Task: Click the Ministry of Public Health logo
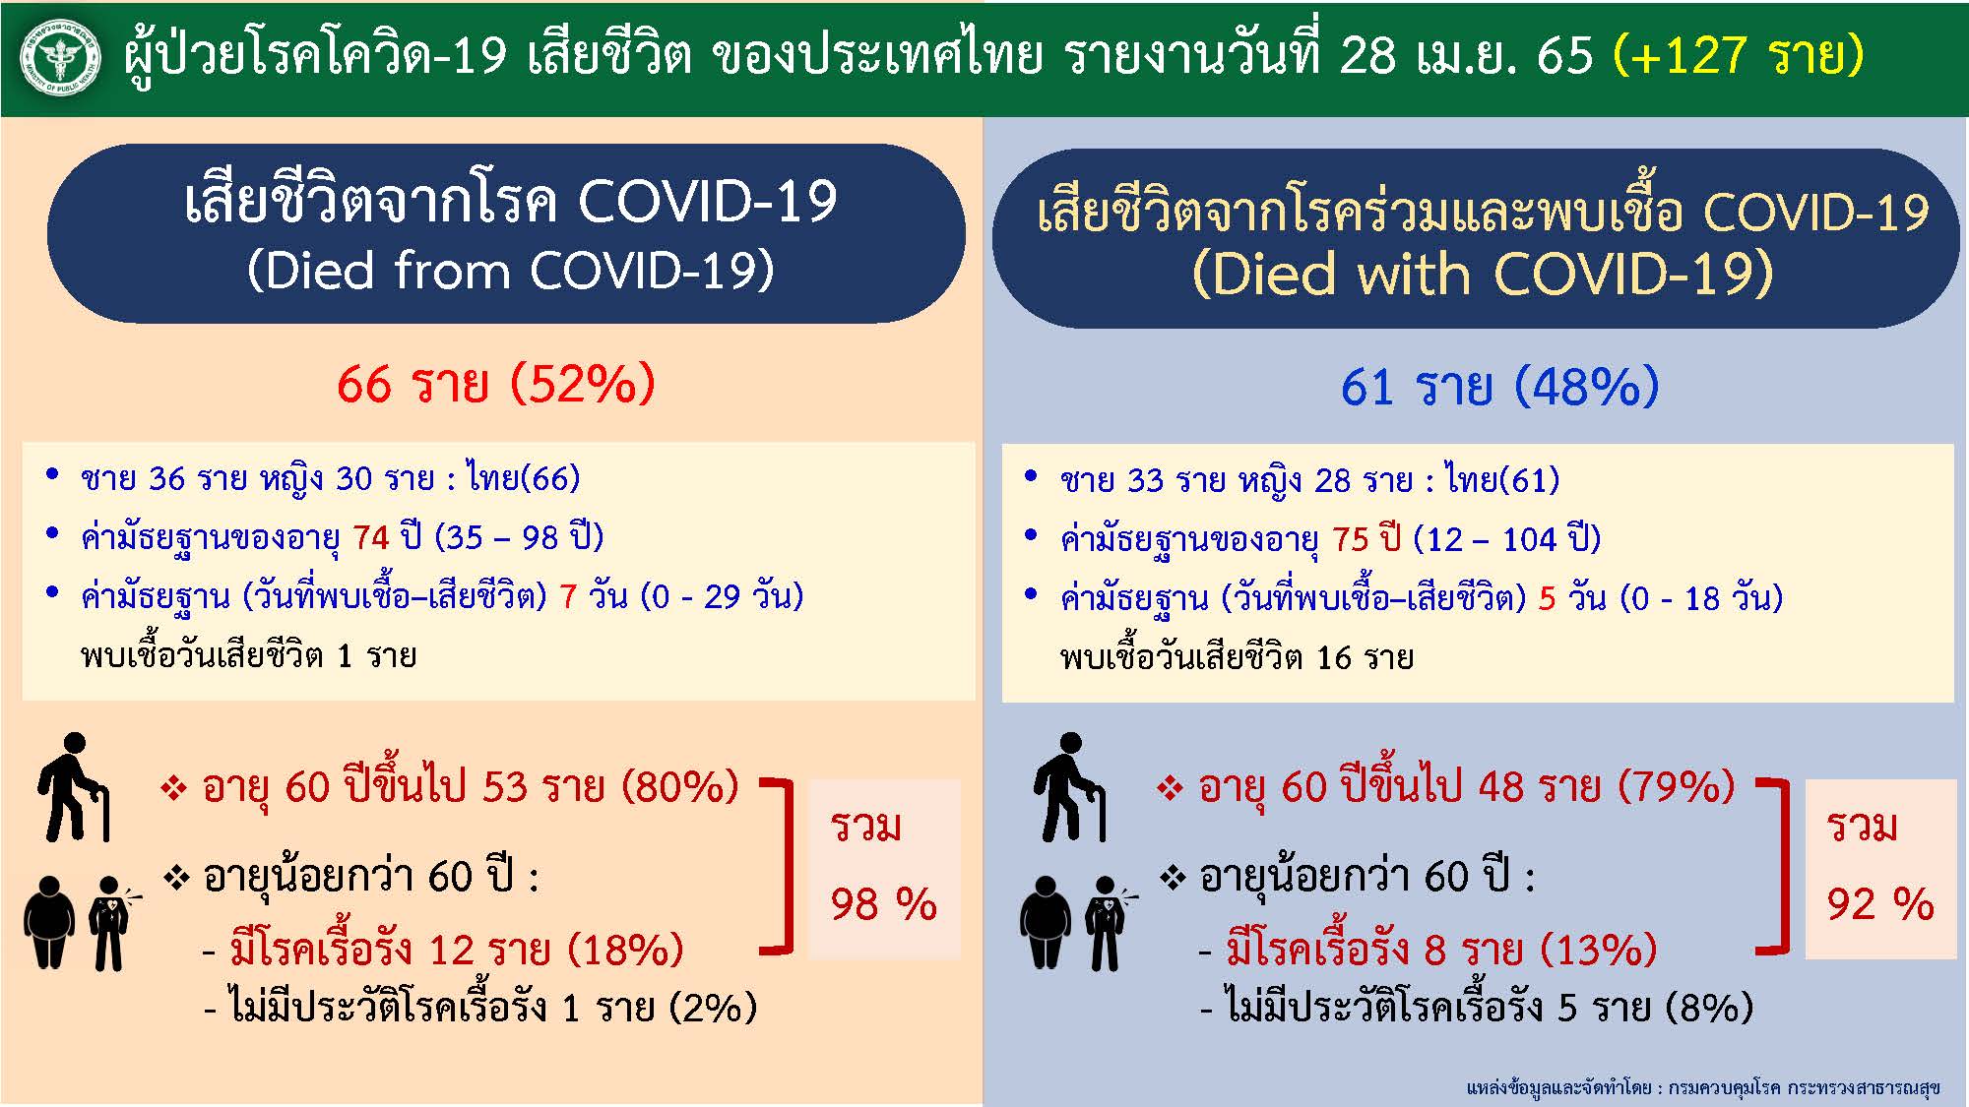click(60, 58)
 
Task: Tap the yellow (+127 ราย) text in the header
click(1738, 55)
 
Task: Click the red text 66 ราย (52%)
click(495, 384)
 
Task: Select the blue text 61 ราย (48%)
click(1499, 386)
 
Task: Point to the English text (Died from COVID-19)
click(510, 270)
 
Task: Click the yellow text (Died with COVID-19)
click(1482, 274)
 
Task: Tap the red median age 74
click(371, 537)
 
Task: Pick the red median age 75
click(1351, 539)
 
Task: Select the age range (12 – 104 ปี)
click(1506, 539)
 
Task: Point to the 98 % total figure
click(883, 904)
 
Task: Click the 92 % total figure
click(1880, 904)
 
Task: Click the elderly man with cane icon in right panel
click(1070, 787)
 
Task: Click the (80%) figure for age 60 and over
click(680, 787)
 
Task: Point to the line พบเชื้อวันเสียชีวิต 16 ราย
click(1237, 657)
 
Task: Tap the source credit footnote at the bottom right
click(1702, 1087)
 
